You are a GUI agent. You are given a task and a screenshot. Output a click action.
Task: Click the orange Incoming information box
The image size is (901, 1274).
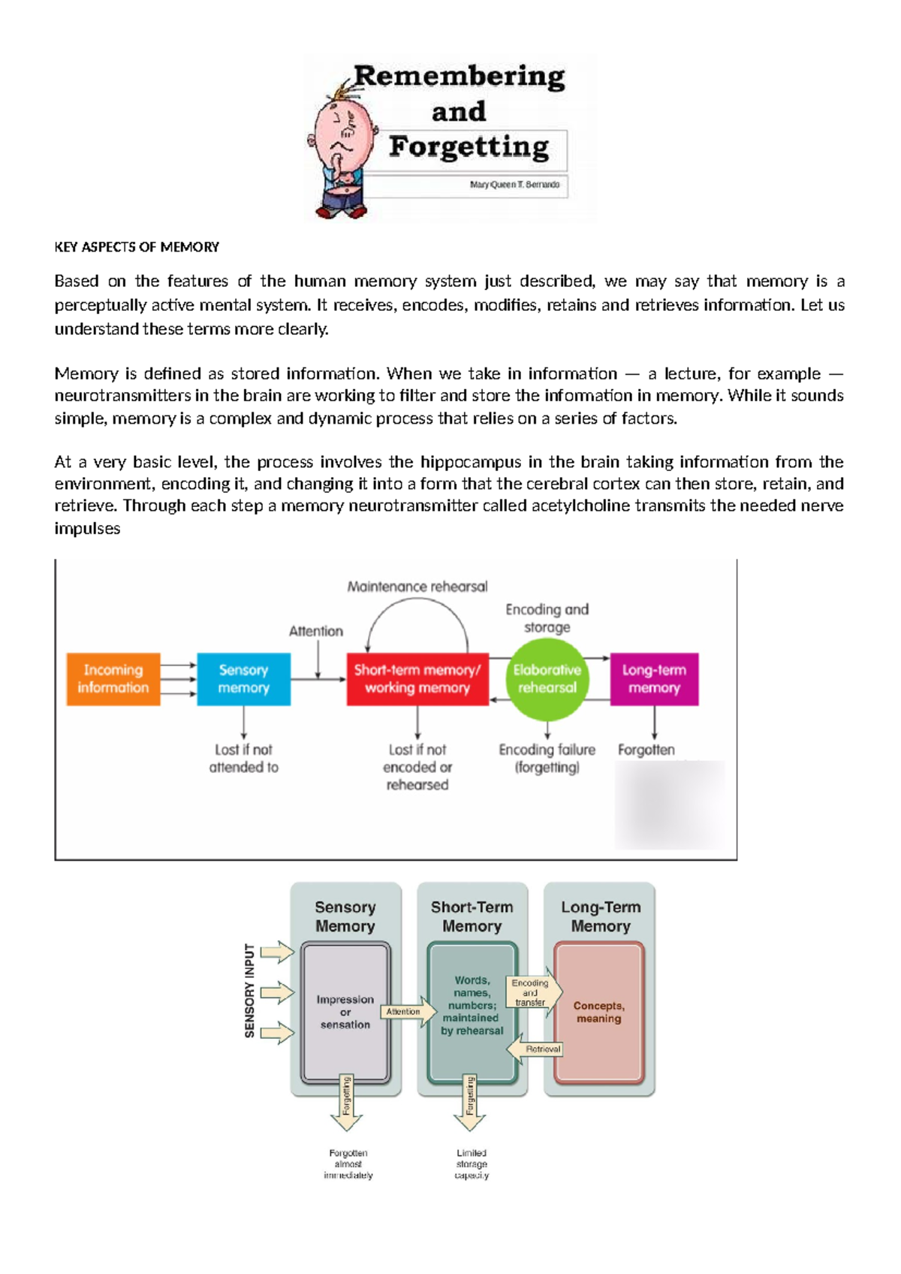pos(113,679)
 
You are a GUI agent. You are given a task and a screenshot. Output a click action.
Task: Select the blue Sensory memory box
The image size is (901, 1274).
pos(243,679)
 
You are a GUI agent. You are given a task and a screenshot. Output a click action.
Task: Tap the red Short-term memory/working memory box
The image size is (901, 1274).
pos(417,679)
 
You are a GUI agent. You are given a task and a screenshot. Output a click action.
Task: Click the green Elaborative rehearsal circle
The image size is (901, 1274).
pos(547,679)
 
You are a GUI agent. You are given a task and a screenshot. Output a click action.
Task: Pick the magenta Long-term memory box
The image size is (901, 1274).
pos(654,679)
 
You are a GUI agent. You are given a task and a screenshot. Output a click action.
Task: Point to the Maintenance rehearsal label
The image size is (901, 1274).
pos(417,587)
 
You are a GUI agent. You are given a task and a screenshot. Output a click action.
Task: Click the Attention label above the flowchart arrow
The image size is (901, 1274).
pos(316,631)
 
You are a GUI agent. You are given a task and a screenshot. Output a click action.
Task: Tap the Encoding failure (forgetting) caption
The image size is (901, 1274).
pos(547,759)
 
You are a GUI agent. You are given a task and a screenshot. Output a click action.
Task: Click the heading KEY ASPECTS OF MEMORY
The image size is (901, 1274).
pos(137,247)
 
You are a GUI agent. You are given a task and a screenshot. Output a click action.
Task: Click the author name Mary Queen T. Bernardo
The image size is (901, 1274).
pos(514,185)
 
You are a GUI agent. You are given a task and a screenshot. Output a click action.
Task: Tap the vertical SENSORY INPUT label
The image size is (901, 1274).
pos(250,991)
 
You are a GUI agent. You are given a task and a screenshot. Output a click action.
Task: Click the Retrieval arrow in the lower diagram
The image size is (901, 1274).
pos(538,1049)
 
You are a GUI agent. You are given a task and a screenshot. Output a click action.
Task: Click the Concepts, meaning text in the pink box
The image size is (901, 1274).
pos(598,1012)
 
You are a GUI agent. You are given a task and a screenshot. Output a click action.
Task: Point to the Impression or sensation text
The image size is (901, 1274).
pos(345,1012)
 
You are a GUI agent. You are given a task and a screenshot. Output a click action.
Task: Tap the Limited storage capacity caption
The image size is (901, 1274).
pos(472,1164)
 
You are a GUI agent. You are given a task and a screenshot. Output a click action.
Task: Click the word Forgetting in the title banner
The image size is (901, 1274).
pos(469,146)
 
